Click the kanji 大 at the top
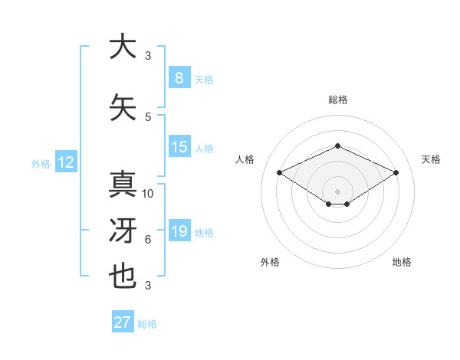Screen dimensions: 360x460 coord(123,47)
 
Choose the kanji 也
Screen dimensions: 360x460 coord(123,277)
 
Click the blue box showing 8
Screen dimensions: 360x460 coord(179,78)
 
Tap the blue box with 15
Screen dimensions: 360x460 coord(179,147)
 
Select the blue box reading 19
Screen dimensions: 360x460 coord(179,231)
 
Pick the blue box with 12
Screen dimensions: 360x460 coord(66,162)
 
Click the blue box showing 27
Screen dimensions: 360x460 coord(123,322)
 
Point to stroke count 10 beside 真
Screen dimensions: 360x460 coord(148,194)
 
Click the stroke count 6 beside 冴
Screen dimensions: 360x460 coord(148,240)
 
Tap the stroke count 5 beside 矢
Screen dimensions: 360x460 coord(148,117)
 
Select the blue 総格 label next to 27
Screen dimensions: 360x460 coord(148,324)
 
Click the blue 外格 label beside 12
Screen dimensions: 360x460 coord(41,163)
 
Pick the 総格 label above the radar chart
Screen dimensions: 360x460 coord(337,100)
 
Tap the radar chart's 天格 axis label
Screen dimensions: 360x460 coord(431,159)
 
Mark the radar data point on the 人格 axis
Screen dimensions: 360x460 coord(279,173)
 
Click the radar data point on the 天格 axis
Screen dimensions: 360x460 coord(396,173)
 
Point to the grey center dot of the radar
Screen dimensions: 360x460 coord(337,190)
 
